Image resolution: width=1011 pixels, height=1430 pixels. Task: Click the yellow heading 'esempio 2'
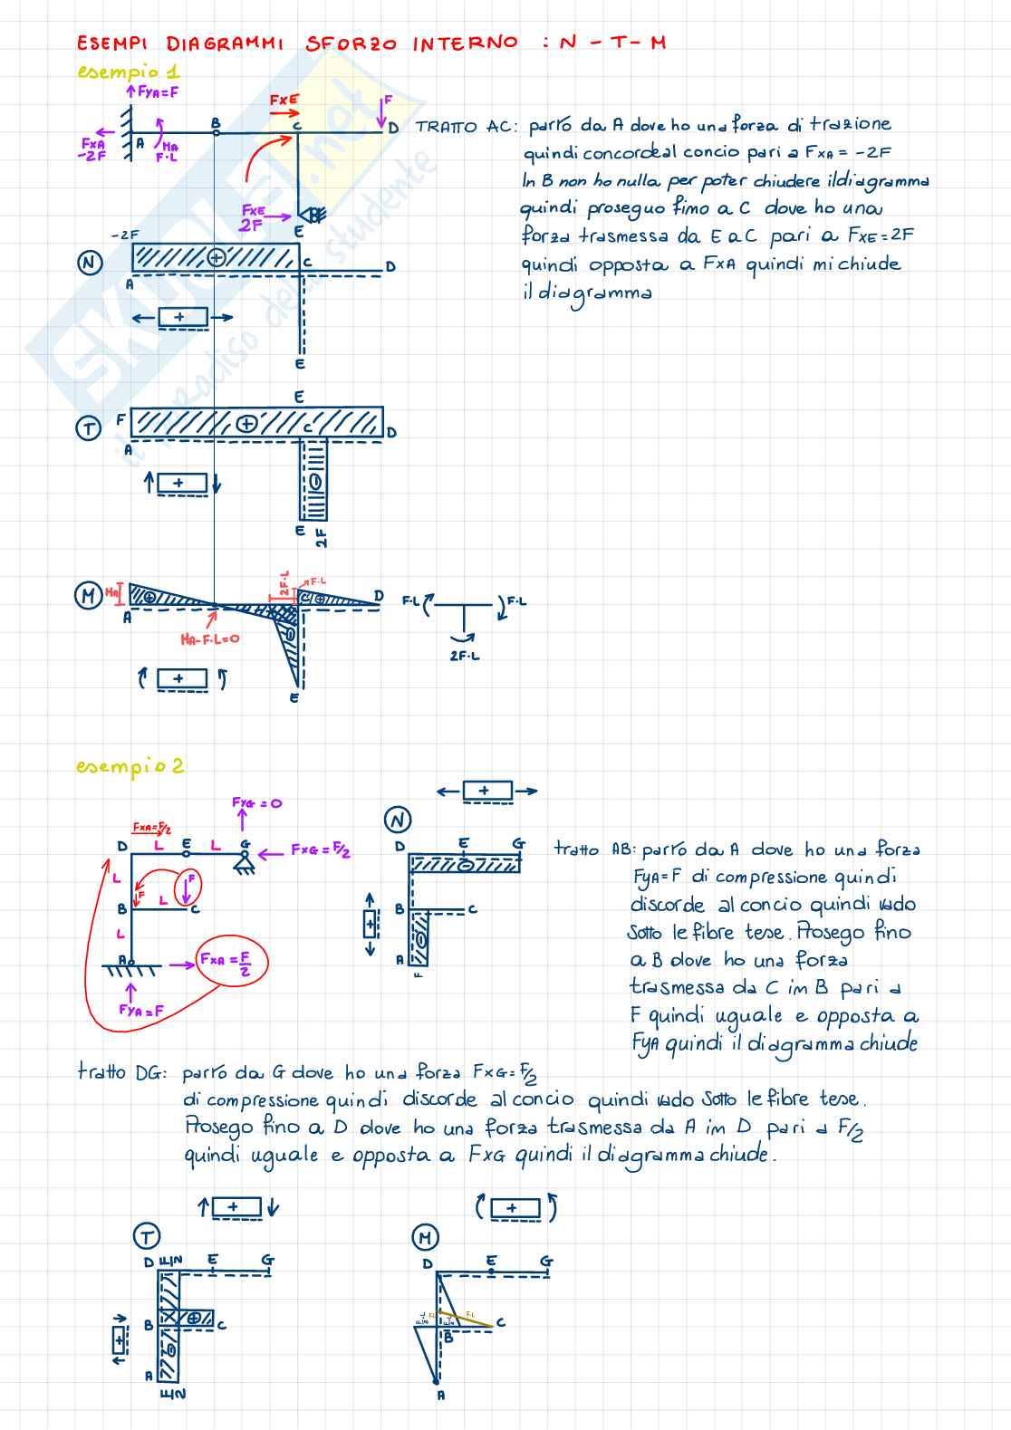[130, 766]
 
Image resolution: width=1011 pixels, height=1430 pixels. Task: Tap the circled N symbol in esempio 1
[89, 263]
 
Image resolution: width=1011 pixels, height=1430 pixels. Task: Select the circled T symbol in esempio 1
[88, 427]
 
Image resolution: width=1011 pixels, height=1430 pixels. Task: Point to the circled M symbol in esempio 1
[88, 595]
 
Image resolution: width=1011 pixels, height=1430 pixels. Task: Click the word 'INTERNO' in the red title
[465, 43]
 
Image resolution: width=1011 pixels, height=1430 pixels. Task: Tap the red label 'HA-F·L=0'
[209, 639]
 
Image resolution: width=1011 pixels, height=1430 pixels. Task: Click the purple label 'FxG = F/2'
[321, 849]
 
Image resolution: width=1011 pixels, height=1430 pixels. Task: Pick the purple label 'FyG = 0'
[256, 802]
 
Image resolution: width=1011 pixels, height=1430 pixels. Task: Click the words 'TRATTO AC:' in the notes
[466, 127]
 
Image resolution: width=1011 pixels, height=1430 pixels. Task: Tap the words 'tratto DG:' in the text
[122, 1073]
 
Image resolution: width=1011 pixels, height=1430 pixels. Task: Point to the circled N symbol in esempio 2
[398, 821]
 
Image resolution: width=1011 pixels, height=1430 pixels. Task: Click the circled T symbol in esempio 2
[146, 1235]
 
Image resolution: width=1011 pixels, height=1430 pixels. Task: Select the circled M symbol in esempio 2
[425, 1236]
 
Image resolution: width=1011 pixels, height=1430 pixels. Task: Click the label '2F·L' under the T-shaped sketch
[465, 656]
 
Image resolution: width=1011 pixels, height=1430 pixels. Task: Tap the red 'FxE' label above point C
[284, 101]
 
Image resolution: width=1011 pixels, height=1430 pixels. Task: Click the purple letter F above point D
[388, 101]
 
